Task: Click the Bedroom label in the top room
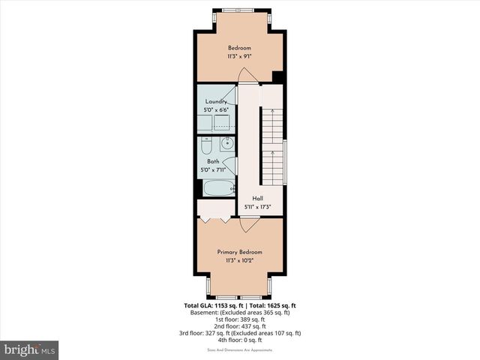tap(239, 48)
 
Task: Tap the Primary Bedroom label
tap(239, 252)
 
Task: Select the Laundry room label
tap(215, 102)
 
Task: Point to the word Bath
tap(213, 162)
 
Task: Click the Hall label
tap(257, 199)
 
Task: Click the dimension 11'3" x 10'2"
tap(239, 260)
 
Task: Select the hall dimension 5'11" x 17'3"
tap(257, 207)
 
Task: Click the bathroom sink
tap(228, 143)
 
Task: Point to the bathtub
tap(217, 187)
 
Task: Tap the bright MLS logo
tap(30, 349)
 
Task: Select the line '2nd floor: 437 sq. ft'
tap(240, 326)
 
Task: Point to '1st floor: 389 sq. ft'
tap(240, 319)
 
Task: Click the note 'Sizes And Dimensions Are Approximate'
tap(240, 349)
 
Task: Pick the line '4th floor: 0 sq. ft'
tap(240, 340)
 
